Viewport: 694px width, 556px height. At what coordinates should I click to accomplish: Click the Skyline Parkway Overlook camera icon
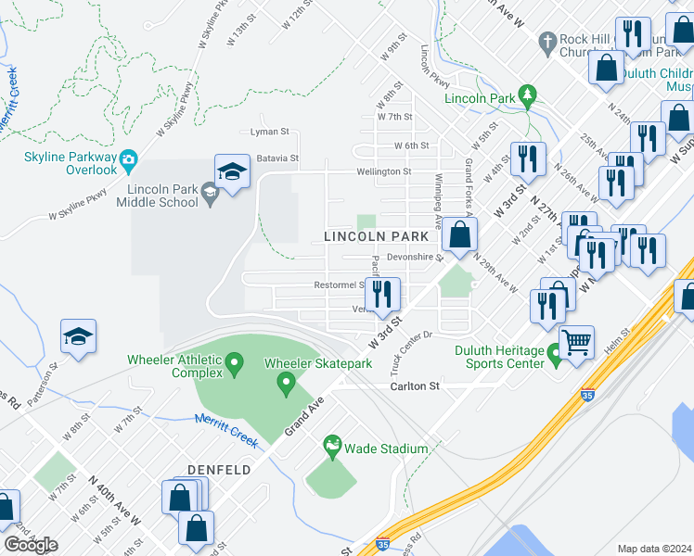129,158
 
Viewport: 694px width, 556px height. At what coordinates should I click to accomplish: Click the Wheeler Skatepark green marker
287,381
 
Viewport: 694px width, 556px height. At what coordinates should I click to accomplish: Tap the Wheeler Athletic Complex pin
234,361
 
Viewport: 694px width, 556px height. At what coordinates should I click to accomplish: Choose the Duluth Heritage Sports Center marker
556,353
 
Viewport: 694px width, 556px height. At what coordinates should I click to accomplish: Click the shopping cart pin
577,341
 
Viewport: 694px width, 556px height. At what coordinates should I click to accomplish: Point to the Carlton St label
413,385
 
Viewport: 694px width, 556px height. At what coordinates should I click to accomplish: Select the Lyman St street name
270,132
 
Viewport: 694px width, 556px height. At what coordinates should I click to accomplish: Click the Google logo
31,544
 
